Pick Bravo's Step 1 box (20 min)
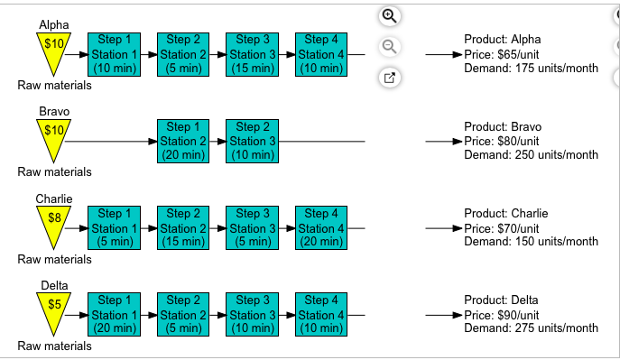(184, 142)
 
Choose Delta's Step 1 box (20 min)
(115, 316)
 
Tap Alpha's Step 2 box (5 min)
(184, 54)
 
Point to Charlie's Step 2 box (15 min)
(184, 228)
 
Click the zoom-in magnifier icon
(389, 15)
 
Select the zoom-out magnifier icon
(389, 46)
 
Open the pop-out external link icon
(389, 78)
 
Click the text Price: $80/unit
(501, 142)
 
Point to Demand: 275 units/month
(531, 328)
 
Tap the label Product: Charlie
(505, 214)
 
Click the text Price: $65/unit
(501, 54)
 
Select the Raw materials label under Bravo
(54, 171)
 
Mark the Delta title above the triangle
(54, 285)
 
